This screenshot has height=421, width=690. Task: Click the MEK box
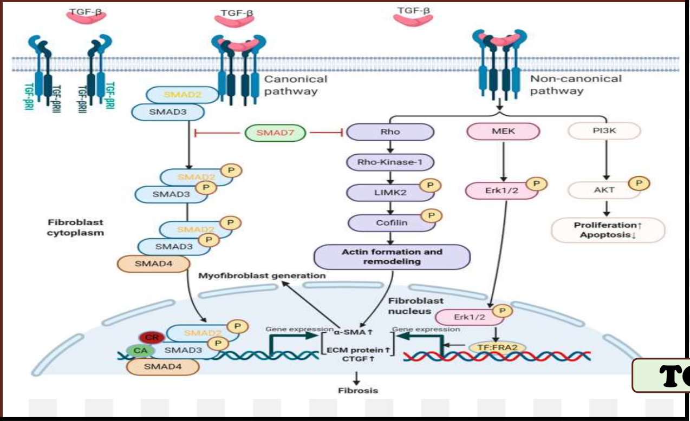coord(504,131)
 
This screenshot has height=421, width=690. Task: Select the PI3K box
coord(604,131)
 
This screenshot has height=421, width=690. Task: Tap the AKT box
coord(603,190)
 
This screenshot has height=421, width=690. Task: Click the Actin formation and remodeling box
coord(392,256)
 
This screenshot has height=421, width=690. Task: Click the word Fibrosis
coord(358,390)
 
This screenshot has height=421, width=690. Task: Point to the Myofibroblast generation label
coord(262,276)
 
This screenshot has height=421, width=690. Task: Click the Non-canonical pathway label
coord(575,85)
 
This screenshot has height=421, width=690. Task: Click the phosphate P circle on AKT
coord(639,183)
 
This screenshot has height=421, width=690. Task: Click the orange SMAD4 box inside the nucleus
coord(163,367)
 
